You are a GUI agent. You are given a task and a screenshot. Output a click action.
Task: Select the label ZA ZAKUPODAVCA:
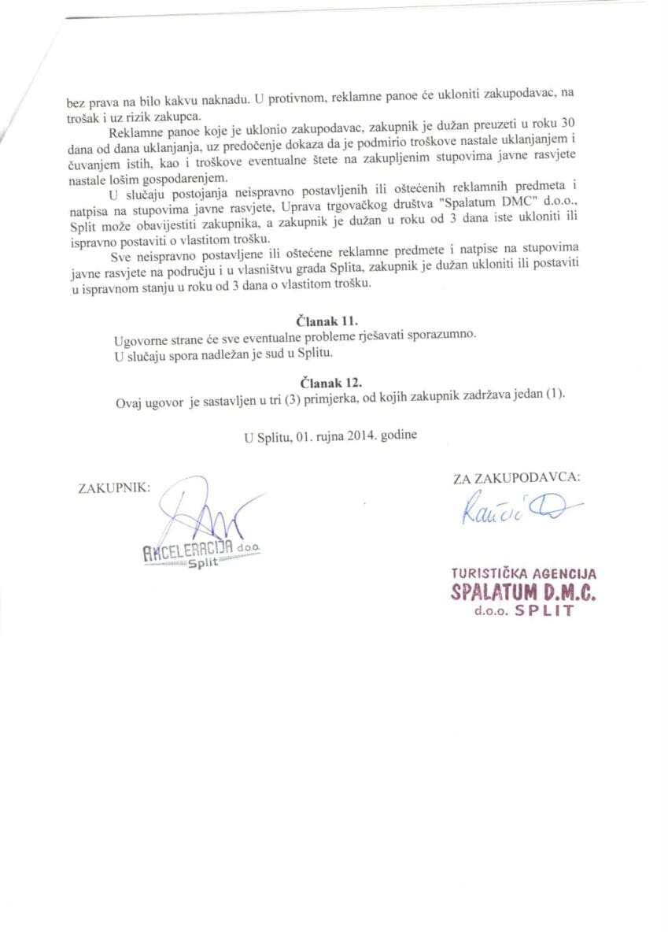pyautogui.click(x=517, y=477)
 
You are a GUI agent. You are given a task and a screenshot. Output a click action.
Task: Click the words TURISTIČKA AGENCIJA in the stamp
pyautogui.click(x=523, y=575)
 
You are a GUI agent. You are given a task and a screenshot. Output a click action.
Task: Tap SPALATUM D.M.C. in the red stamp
pyautogui.click(x=523, y=592)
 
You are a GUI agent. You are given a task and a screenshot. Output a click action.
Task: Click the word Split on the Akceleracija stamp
pyautogui.click(x=202, y=563)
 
